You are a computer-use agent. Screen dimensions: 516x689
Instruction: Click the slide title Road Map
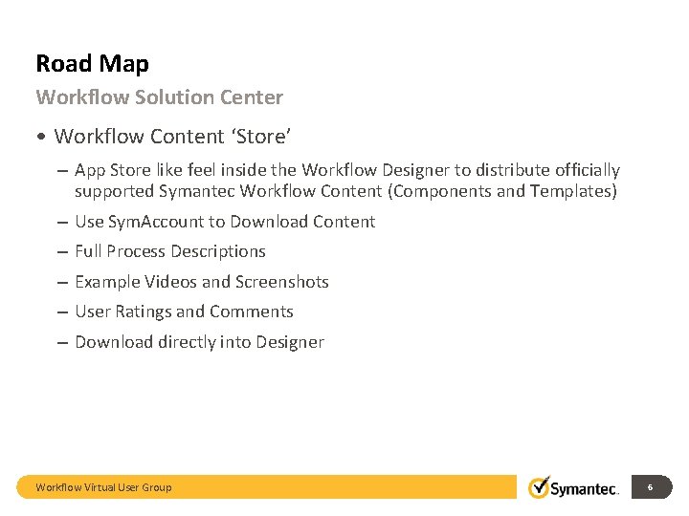pos(92,64)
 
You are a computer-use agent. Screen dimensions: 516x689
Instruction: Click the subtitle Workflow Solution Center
pos(159,97)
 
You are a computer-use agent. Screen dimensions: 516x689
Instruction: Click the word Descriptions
pos(218,251)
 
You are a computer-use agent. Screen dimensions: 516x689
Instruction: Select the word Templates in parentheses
pos(574,191)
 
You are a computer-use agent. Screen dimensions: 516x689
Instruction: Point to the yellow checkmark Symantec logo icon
pos(539,486)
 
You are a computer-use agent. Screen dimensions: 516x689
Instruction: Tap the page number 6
pos(650,487)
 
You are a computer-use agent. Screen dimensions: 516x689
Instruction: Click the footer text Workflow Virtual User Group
pos(103,487)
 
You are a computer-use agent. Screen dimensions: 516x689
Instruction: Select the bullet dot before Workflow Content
pos(42,137)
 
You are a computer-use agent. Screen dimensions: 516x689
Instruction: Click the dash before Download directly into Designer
pos(61,342)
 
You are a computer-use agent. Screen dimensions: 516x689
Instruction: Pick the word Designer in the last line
pos(290,342)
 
